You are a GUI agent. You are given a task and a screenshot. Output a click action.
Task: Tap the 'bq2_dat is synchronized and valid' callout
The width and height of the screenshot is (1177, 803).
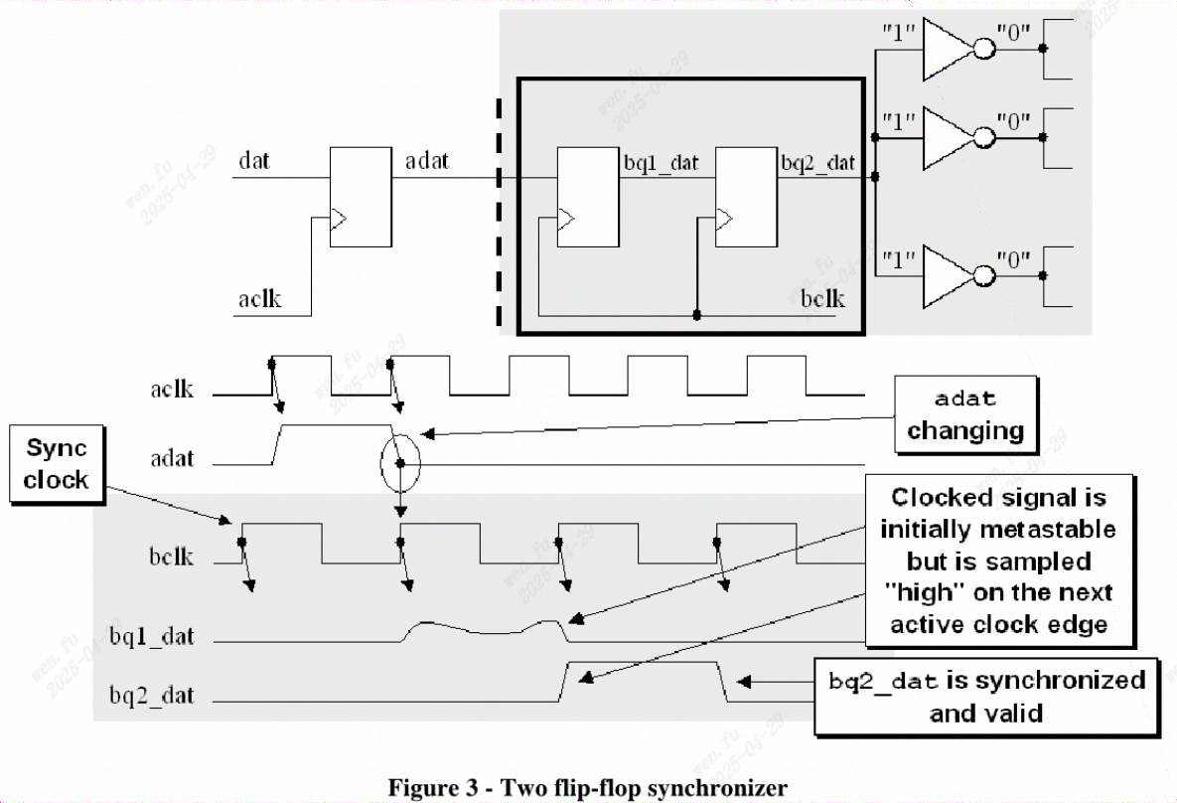[x=986, y=697]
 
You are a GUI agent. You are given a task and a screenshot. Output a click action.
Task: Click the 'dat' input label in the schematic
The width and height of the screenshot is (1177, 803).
[x=253, y=159]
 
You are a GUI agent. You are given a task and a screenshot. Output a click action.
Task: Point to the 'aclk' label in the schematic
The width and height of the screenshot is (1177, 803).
[x=259, y=299]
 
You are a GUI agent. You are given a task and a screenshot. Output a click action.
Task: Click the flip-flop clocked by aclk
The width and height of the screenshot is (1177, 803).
[x=360, y=197]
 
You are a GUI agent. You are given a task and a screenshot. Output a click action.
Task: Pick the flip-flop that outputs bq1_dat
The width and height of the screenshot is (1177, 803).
[x=587, y=197]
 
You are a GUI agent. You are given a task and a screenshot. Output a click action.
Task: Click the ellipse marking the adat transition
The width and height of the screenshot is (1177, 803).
[x=400, y=463]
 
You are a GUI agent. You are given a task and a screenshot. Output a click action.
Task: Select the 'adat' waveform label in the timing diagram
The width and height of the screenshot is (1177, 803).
[x=172, y=459]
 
